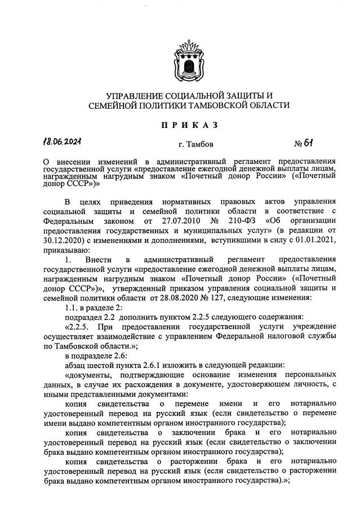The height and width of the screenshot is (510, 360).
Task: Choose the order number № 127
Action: tap(229, 297)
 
